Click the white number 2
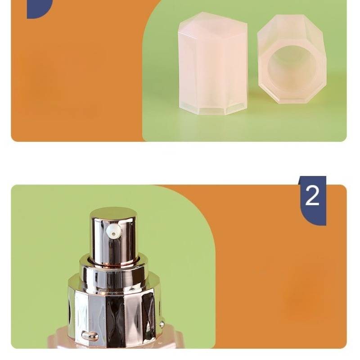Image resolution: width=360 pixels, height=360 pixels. [x=312, y=195]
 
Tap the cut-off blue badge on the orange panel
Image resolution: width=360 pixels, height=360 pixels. [x=39, y=9]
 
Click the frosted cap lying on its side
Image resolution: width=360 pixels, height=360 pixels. [x=292, y=59]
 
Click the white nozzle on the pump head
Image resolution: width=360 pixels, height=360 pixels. [x=114, y=230]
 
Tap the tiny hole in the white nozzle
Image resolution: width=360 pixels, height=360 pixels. [x=113, y=234]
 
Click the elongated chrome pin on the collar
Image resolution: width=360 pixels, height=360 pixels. [x=90, y=335]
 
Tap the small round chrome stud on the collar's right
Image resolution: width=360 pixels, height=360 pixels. [x=162, y=324]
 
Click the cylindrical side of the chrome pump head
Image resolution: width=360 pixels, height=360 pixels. [x=114, y=241]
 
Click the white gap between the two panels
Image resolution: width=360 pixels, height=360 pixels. [x=179, y=163]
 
